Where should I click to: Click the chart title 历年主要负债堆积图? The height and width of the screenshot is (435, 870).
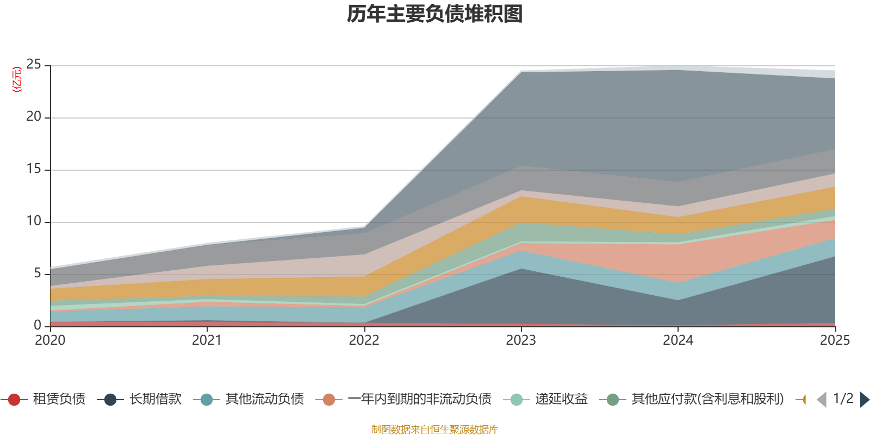[x=434, y=15]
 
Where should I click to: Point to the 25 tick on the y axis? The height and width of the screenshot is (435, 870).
[x=34, y=65]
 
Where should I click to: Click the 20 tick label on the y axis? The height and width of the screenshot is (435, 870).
[x=34, y=117]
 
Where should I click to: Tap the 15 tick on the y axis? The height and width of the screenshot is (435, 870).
[x=34, y=169]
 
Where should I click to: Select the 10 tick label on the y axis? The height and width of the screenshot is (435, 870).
[x=34, y=221]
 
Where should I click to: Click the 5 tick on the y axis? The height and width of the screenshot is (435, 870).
[x=38, y=273]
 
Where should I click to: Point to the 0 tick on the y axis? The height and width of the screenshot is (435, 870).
[x=38, y=325]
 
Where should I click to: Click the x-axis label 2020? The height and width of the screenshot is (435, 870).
[x=50, y=340]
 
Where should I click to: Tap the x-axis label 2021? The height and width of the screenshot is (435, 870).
[x=207, y=340]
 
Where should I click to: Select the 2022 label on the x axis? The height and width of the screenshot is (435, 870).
[x=364, y=340]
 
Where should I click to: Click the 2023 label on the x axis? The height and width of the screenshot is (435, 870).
[x=521, y=340]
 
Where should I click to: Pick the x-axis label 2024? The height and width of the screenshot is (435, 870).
[x=678, y=340]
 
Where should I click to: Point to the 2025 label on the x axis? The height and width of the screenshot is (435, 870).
[x=835, y=340]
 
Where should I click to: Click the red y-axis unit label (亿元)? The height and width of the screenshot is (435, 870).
[x=17, y=79]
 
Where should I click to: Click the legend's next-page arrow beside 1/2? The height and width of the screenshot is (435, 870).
[x=864, y=400]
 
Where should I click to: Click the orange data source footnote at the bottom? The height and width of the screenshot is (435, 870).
[x=434, y=430]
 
